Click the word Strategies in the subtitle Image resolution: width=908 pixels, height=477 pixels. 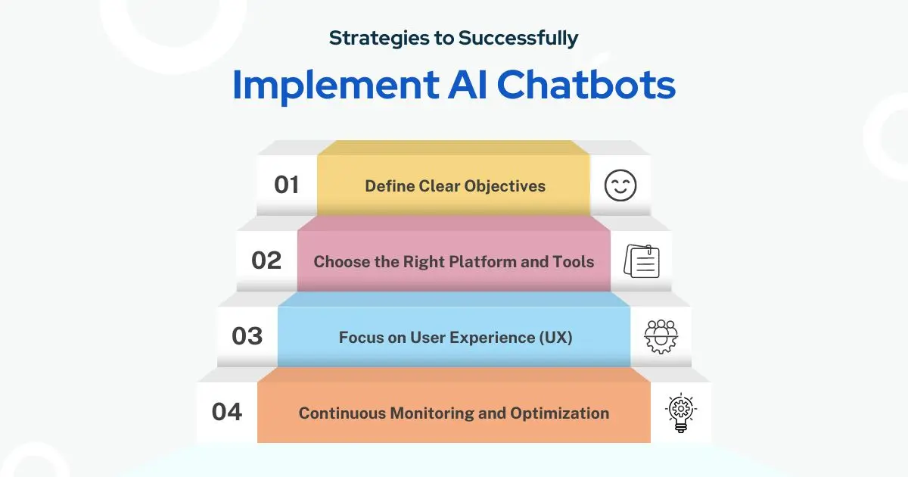378,39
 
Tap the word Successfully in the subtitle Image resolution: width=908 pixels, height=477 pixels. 518,38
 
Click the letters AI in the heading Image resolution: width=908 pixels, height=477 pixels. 467,84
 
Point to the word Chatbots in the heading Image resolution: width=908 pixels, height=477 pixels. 586,84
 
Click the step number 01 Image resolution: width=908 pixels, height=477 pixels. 286,185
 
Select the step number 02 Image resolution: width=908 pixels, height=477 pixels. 266,260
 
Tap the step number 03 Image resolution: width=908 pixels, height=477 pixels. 247,336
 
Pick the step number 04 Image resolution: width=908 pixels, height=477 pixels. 226,412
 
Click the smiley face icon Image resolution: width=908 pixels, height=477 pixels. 620,185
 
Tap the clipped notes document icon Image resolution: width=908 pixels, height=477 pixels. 642,261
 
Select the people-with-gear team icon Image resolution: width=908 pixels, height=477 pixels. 661,337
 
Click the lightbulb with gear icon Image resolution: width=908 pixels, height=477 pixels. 681,413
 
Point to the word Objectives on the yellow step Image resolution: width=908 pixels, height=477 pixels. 505,186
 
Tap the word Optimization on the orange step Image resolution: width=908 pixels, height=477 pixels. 559,413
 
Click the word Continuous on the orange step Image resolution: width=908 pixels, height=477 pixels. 342,413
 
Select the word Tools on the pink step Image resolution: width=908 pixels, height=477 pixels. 574,262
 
